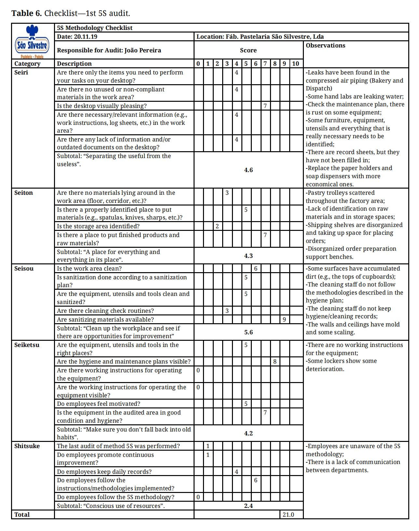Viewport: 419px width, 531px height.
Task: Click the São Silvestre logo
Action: pos(32,41)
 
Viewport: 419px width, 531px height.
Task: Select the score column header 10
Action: pos(295,64)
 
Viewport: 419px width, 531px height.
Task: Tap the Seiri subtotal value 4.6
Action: pos(248,170)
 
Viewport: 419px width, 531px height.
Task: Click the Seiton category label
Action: pos(23,193)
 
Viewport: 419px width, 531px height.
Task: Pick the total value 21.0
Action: pos(288,515)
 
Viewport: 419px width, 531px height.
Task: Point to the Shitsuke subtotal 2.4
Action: pos(248,506)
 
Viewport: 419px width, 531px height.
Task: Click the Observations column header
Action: pos(325,46)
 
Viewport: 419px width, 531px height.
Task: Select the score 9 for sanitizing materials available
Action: pos(284,320)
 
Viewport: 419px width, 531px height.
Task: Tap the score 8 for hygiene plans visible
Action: pos(275,362)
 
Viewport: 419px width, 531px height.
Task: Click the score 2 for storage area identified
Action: pos(217,226)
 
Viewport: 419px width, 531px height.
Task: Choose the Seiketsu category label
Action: pos(27,345)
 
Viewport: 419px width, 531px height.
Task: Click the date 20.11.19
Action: pos(86,37)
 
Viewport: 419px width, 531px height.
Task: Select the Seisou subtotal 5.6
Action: pos(248,332)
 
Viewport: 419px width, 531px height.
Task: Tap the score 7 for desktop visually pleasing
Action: pos(265,106)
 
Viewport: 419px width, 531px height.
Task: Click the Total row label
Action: pos(22,515)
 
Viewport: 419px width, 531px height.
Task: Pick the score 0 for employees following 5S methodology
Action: pos(198,497)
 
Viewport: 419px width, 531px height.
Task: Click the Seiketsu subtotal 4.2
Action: pos(248,433)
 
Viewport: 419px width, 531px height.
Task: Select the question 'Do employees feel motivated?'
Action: pos(99,404)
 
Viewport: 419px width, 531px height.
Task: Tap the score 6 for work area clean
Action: pos(256,269)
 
